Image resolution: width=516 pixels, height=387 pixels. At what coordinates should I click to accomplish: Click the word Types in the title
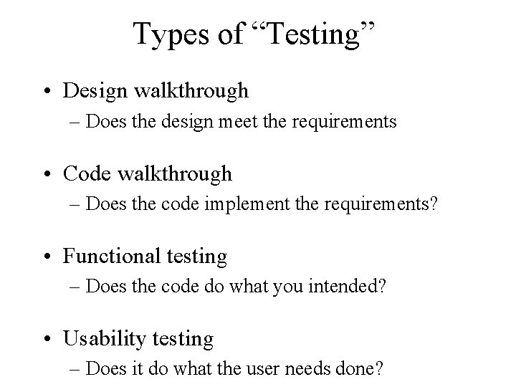(173, 34)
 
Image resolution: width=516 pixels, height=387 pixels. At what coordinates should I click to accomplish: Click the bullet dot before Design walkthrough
(53, 91)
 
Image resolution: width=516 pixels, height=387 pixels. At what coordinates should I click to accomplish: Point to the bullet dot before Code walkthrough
(53, 173)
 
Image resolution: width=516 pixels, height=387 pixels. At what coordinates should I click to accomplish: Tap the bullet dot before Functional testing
(53, 256)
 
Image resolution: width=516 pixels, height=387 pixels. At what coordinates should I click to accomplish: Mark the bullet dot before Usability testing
(53, 338)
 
